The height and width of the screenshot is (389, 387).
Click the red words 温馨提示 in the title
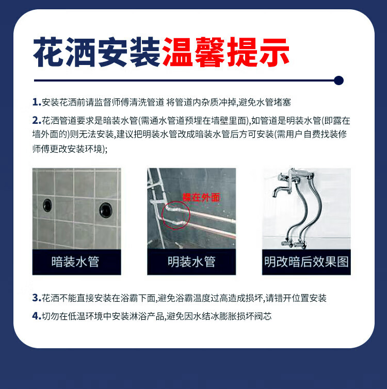[x=226, y=52]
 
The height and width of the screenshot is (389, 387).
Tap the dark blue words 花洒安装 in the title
[x=97, y=52]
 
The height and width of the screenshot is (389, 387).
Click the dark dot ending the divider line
[x=338, y=80]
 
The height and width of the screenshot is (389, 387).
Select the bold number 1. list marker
[x=37, y=102]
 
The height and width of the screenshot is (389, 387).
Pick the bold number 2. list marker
[x=37, y=121]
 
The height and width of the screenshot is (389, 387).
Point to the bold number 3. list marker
[x=37, y=298]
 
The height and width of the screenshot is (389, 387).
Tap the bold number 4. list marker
[x=37, y=316]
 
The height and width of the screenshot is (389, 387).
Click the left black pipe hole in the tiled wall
[x=47, y=205]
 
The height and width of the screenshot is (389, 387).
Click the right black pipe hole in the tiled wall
[x=106, y=210]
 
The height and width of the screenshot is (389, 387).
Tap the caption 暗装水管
[x=75, y=262]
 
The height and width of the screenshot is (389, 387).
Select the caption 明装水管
[x=191, y=262]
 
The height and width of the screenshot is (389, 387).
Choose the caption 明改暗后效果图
[x=307, y=262]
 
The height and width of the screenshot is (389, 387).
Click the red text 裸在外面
[x=201, y=198]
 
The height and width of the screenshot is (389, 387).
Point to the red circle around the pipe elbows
[x=162, y=215]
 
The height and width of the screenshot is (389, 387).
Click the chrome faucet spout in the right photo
[x=279, y=190]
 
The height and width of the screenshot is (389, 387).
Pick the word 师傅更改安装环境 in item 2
[x=67, y=149]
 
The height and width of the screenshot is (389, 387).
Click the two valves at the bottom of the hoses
[x=294, y=244]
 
